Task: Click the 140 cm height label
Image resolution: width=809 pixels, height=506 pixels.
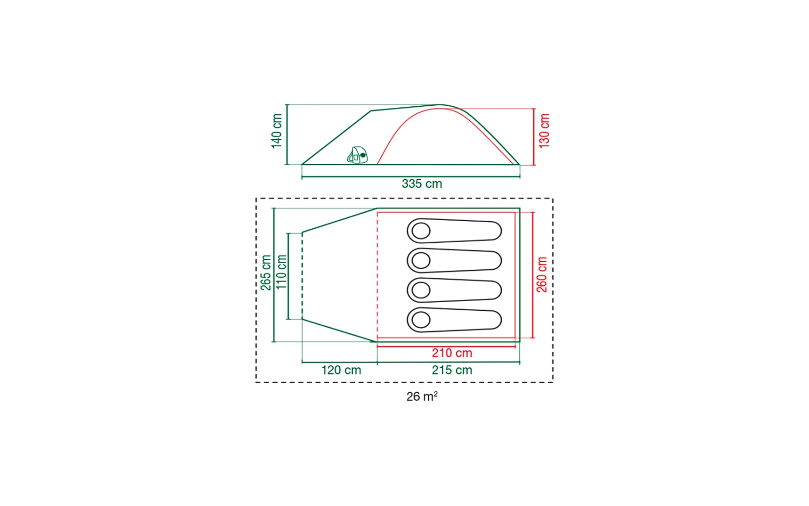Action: [277, 131]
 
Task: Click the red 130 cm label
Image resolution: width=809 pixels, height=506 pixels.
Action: [544, 131]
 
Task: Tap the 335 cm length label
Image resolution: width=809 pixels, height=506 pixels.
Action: [422, 183]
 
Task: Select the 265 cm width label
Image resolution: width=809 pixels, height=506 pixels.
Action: [266, 272]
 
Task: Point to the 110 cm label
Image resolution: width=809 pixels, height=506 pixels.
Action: [282, 272]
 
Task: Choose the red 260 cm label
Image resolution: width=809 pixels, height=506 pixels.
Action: [541, 275]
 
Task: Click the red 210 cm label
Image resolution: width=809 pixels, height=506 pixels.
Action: [452, 353]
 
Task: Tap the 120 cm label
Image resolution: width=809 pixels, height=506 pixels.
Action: [341, 370]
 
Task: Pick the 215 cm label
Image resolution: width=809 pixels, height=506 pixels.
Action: [452, 370]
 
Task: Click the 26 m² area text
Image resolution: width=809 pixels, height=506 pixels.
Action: [422, 396]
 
